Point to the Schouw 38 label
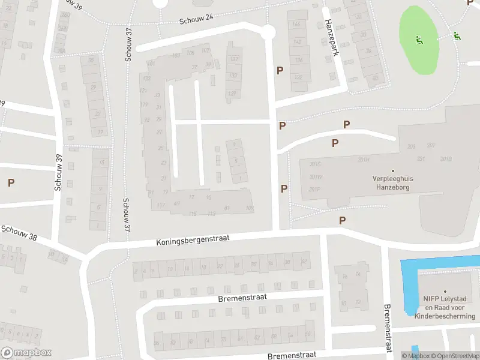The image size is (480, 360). coord(19,233)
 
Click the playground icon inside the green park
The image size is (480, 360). coord(419,41)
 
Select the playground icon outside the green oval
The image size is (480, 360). coord(458,36)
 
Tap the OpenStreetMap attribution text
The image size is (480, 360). coord(454,356)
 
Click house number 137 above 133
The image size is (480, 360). coord(233,59)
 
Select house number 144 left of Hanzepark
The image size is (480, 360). coord(297,24)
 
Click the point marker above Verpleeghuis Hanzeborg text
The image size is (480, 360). coord(393,170)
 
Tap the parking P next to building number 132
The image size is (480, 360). coord(280,71)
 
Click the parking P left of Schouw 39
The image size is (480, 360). coord(11,182)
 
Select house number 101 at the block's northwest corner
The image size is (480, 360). coord(151,64)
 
